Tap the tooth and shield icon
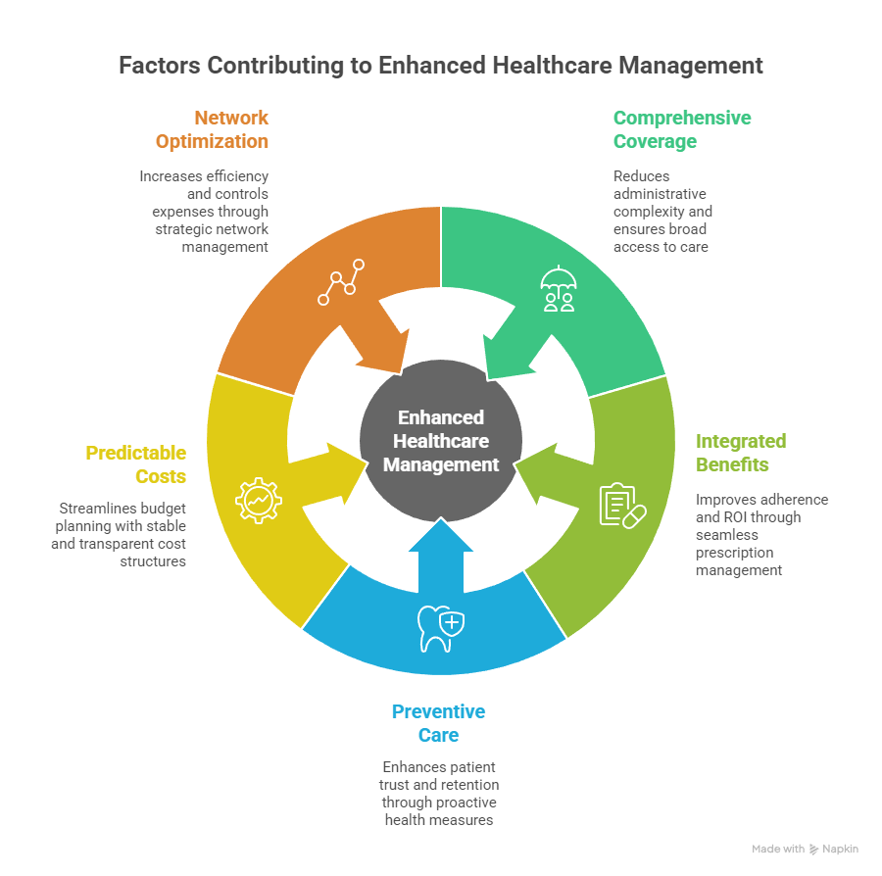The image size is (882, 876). click(440, 628)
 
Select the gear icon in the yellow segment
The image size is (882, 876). click(259, 501)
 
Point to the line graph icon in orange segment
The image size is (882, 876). click(341, 282)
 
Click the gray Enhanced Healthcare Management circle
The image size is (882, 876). click(440, 441)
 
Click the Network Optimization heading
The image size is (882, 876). click(213, 129)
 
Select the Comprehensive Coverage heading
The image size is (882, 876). click(682, 129)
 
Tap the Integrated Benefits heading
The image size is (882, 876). click(741, 453)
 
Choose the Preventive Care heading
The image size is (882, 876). click(438, 723)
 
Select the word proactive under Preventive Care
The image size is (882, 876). click(465, 802)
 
